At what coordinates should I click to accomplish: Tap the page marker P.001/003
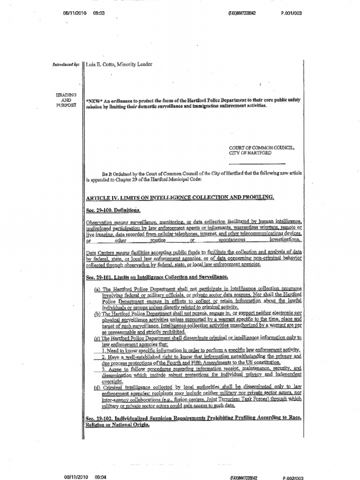click(x=292, y=13)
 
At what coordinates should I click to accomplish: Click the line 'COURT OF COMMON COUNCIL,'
click(x=262, y=148)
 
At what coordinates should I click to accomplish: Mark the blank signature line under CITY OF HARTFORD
click(x=257, y=163)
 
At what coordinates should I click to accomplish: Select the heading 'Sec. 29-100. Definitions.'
click(x=113, y=210)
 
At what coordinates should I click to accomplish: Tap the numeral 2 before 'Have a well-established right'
click(x=103, y=356)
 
